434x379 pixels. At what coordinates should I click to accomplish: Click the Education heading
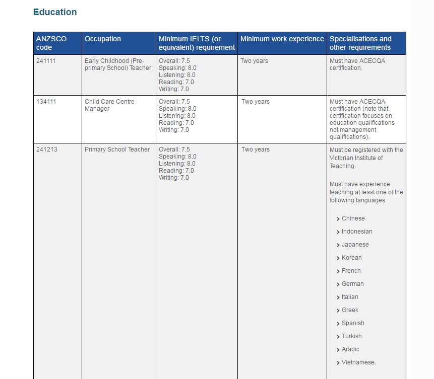(x=55, y=12)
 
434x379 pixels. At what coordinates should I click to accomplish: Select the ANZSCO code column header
(x=51, y=43)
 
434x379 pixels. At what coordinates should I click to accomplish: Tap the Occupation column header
(x=103, y=39)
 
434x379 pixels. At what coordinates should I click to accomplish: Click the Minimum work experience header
(x=282, y=39)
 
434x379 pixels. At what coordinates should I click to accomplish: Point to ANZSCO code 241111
(x=46, y=61)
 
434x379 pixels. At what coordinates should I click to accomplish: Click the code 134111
(x=46, y=102)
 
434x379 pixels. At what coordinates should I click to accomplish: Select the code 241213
(x=46, y=149)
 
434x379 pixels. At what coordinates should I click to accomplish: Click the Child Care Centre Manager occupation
(x=109, y=105)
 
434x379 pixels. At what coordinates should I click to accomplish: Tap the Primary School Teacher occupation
(x=117, y=149)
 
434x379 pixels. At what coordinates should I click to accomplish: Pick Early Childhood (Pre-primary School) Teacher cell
(x=117, y=64)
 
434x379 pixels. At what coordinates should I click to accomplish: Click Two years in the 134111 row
(x=255, y=102)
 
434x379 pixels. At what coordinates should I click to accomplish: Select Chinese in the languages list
(x=353, y=218)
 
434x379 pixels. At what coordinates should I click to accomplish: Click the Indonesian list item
(x=357, y=232)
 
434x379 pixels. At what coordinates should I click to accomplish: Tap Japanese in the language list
(x=355, y=245)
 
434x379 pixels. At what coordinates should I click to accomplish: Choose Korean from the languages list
(x=351, y=258)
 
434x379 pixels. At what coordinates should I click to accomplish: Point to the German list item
(x=352, y=284)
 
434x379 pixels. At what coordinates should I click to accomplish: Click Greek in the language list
(x=350, y=310)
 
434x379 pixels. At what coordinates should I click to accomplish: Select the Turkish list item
(x=351, y=336)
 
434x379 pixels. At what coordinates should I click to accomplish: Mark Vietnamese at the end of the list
(x=358, y=362)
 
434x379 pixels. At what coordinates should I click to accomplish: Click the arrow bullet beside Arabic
(x=338, y=350)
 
